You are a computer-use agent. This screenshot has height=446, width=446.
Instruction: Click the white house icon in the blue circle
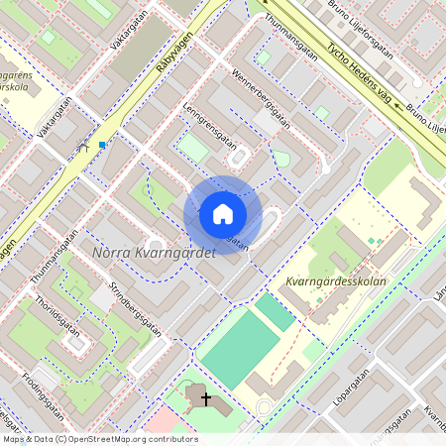point(222,214)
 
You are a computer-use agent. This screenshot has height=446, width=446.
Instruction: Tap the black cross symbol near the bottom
point(206,398)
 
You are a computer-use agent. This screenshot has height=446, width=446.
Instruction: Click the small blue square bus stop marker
point(102,145)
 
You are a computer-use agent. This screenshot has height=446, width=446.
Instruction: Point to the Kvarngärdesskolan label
point(334,281)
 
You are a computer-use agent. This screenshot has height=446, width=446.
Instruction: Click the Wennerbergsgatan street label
point(261,99)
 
